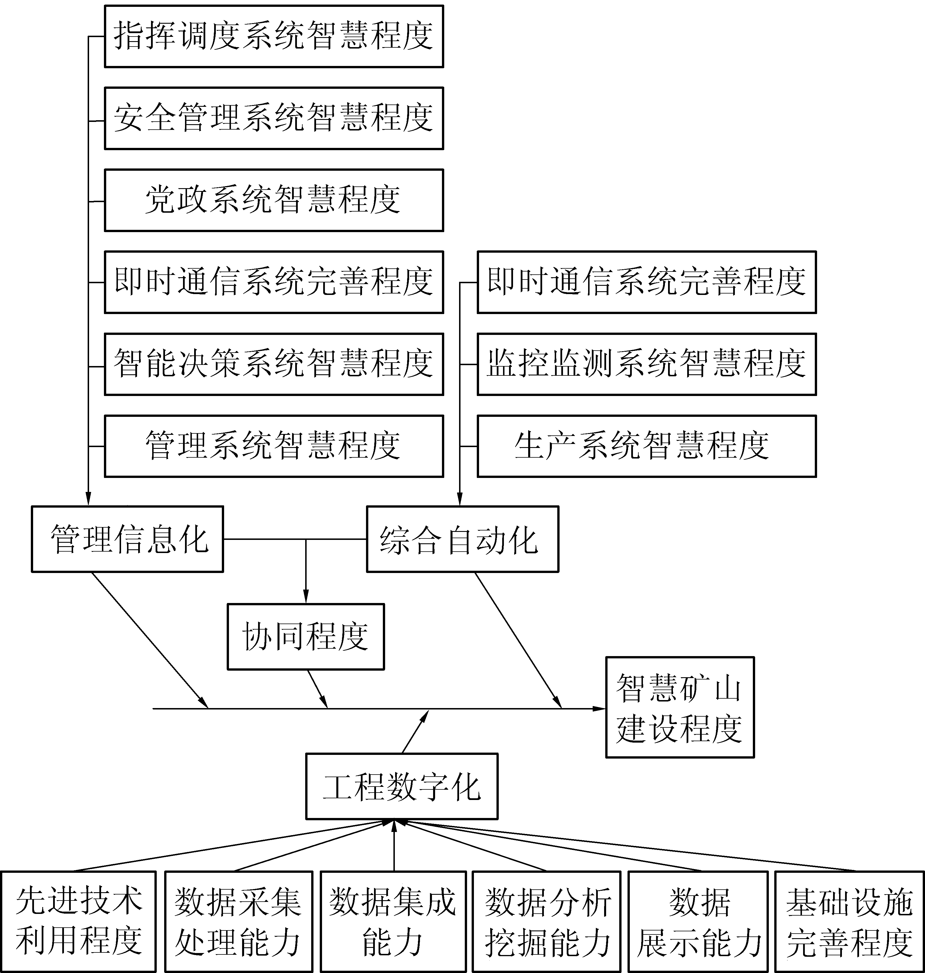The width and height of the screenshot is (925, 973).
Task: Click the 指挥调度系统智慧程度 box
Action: (x=274, y=36)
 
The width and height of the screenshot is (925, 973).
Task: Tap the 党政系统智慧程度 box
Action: (x=274, y=200)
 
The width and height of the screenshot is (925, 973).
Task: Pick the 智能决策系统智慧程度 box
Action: (x=274, y=364)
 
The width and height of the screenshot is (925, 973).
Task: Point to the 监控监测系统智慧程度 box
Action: (x=646, y=364)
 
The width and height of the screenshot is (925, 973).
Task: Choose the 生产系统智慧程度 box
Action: (x=646, y=446)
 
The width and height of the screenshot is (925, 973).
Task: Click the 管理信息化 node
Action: (x=127, y=539)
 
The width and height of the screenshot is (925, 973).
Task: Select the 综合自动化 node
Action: (x=462, y=539)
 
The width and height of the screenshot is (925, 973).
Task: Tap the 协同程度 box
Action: (x=306, y=637)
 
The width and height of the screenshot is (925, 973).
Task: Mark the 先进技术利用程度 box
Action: (x=79, y=921)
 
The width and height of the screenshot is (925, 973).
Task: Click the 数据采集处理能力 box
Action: (x=239, y=921)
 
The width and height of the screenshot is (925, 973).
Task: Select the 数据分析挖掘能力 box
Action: (x=546, y=921)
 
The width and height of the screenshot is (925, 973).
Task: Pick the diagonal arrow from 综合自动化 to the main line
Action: (x=518, y=640)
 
